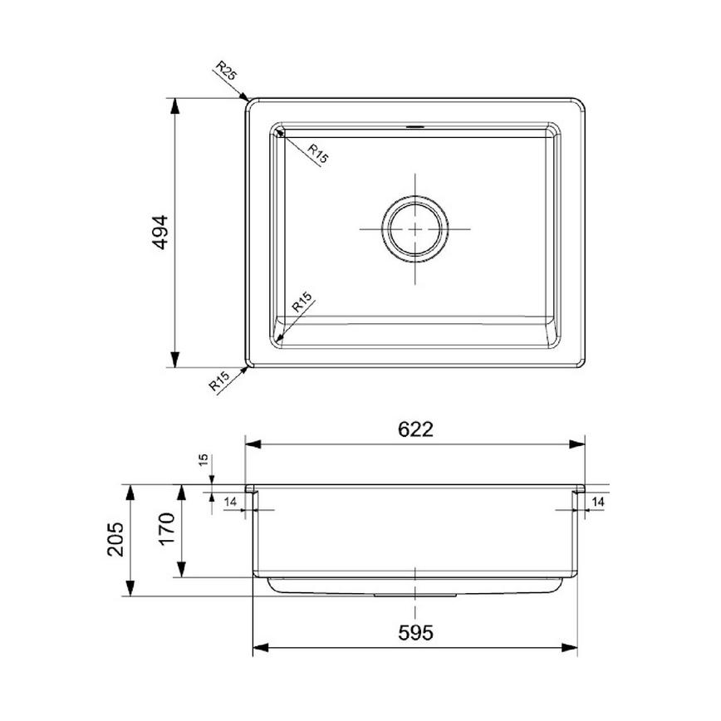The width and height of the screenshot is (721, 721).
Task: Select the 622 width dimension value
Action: point(415,429)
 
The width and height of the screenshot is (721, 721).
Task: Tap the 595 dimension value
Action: point(415,633)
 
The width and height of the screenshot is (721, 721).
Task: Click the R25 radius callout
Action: point(225,71)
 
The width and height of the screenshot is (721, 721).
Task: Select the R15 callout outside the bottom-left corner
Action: point(219,382)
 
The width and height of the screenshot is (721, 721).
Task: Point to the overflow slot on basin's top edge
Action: point(415,127)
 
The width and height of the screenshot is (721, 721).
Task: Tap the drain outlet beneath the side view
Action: point(415,595)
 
